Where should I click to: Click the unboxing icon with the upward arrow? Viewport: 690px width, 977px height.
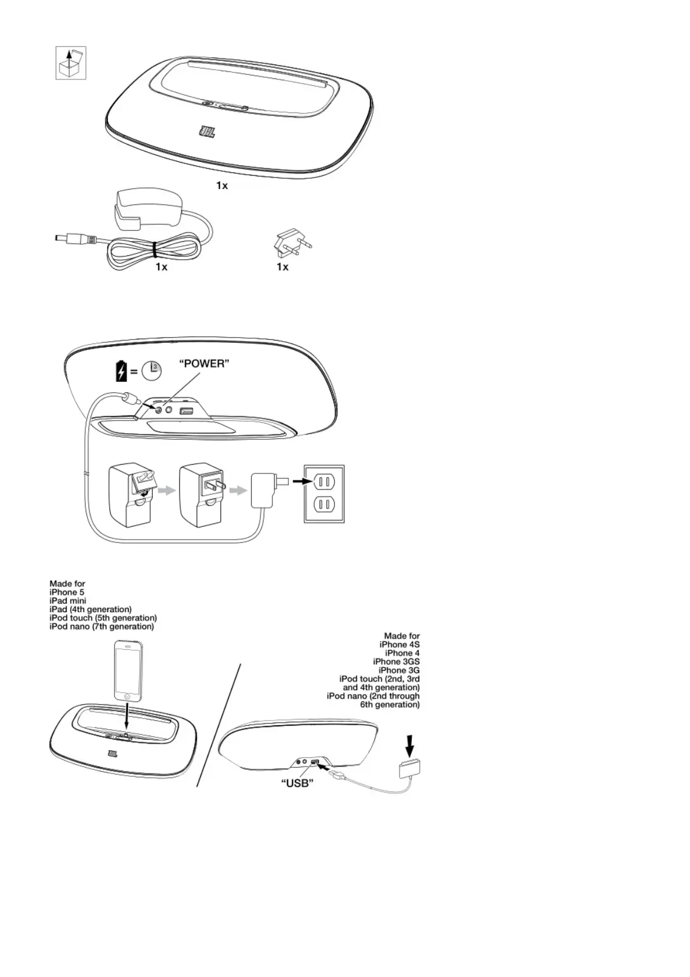[70, 63]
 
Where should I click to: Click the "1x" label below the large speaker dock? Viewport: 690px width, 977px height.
[222, 186]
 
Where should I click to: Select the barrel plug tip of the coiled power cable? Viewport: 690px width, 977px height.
[60, 238]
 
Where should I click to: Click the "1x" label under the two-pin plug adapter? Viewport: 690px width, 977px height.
[282, 267]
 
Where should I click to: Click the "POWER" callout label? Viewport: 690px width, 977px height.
[204, 364]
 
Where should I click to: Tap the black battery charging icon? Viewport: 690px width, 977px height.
[121, 371]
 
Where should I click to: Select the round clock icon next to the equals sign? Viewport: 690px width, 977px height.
[152, 371]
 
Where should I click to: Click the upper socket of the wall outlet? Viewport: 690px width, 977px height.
[324, 481]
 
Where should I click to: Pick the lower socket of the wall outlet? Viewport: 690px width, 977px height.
[324, 505]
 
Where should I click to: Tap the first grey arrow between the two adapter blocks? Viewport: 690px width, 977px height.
[166, 491]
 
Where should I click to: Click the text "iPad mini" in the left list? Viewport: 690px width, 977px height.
[68, 601]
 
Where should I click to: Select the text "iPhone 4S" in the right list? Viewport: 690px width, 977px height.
[400, 645]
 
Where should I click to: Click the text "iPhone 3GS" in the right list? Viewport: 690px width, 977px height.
[396, 661]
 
